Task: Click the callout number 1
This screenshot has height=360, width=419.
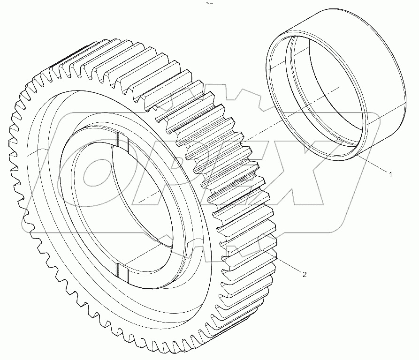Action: coord(389,174)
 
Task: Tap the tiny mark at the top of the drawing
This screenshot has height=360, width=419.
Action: coord(206,4)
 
